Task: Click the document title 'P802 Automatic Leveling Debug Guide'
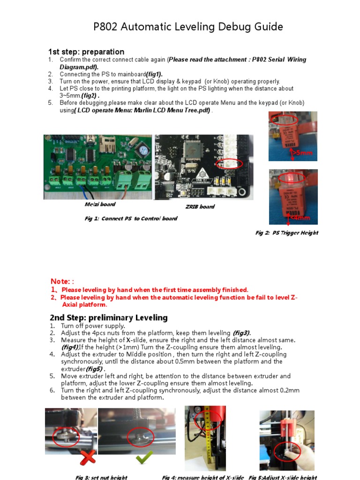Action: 188,27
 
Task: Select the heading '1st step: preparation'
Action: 86,52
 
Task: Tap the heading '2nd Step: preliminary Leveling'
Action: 108,317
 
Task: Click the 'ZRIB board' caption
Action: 200,206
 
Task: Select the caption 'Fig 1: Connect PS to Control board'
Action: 131,218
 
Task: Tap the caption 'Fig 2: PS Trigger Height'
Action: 286,232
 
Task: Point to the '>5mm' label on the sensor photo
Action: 302,153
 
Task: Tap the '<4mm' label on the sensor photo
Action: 300,217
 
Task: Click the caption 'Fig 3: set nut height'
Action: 101,477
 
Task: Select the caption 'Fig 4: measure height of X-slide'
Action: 202,477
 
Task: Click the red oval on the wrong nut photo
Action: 66,437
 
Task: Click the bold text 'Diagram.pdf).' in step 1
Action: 79,67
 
